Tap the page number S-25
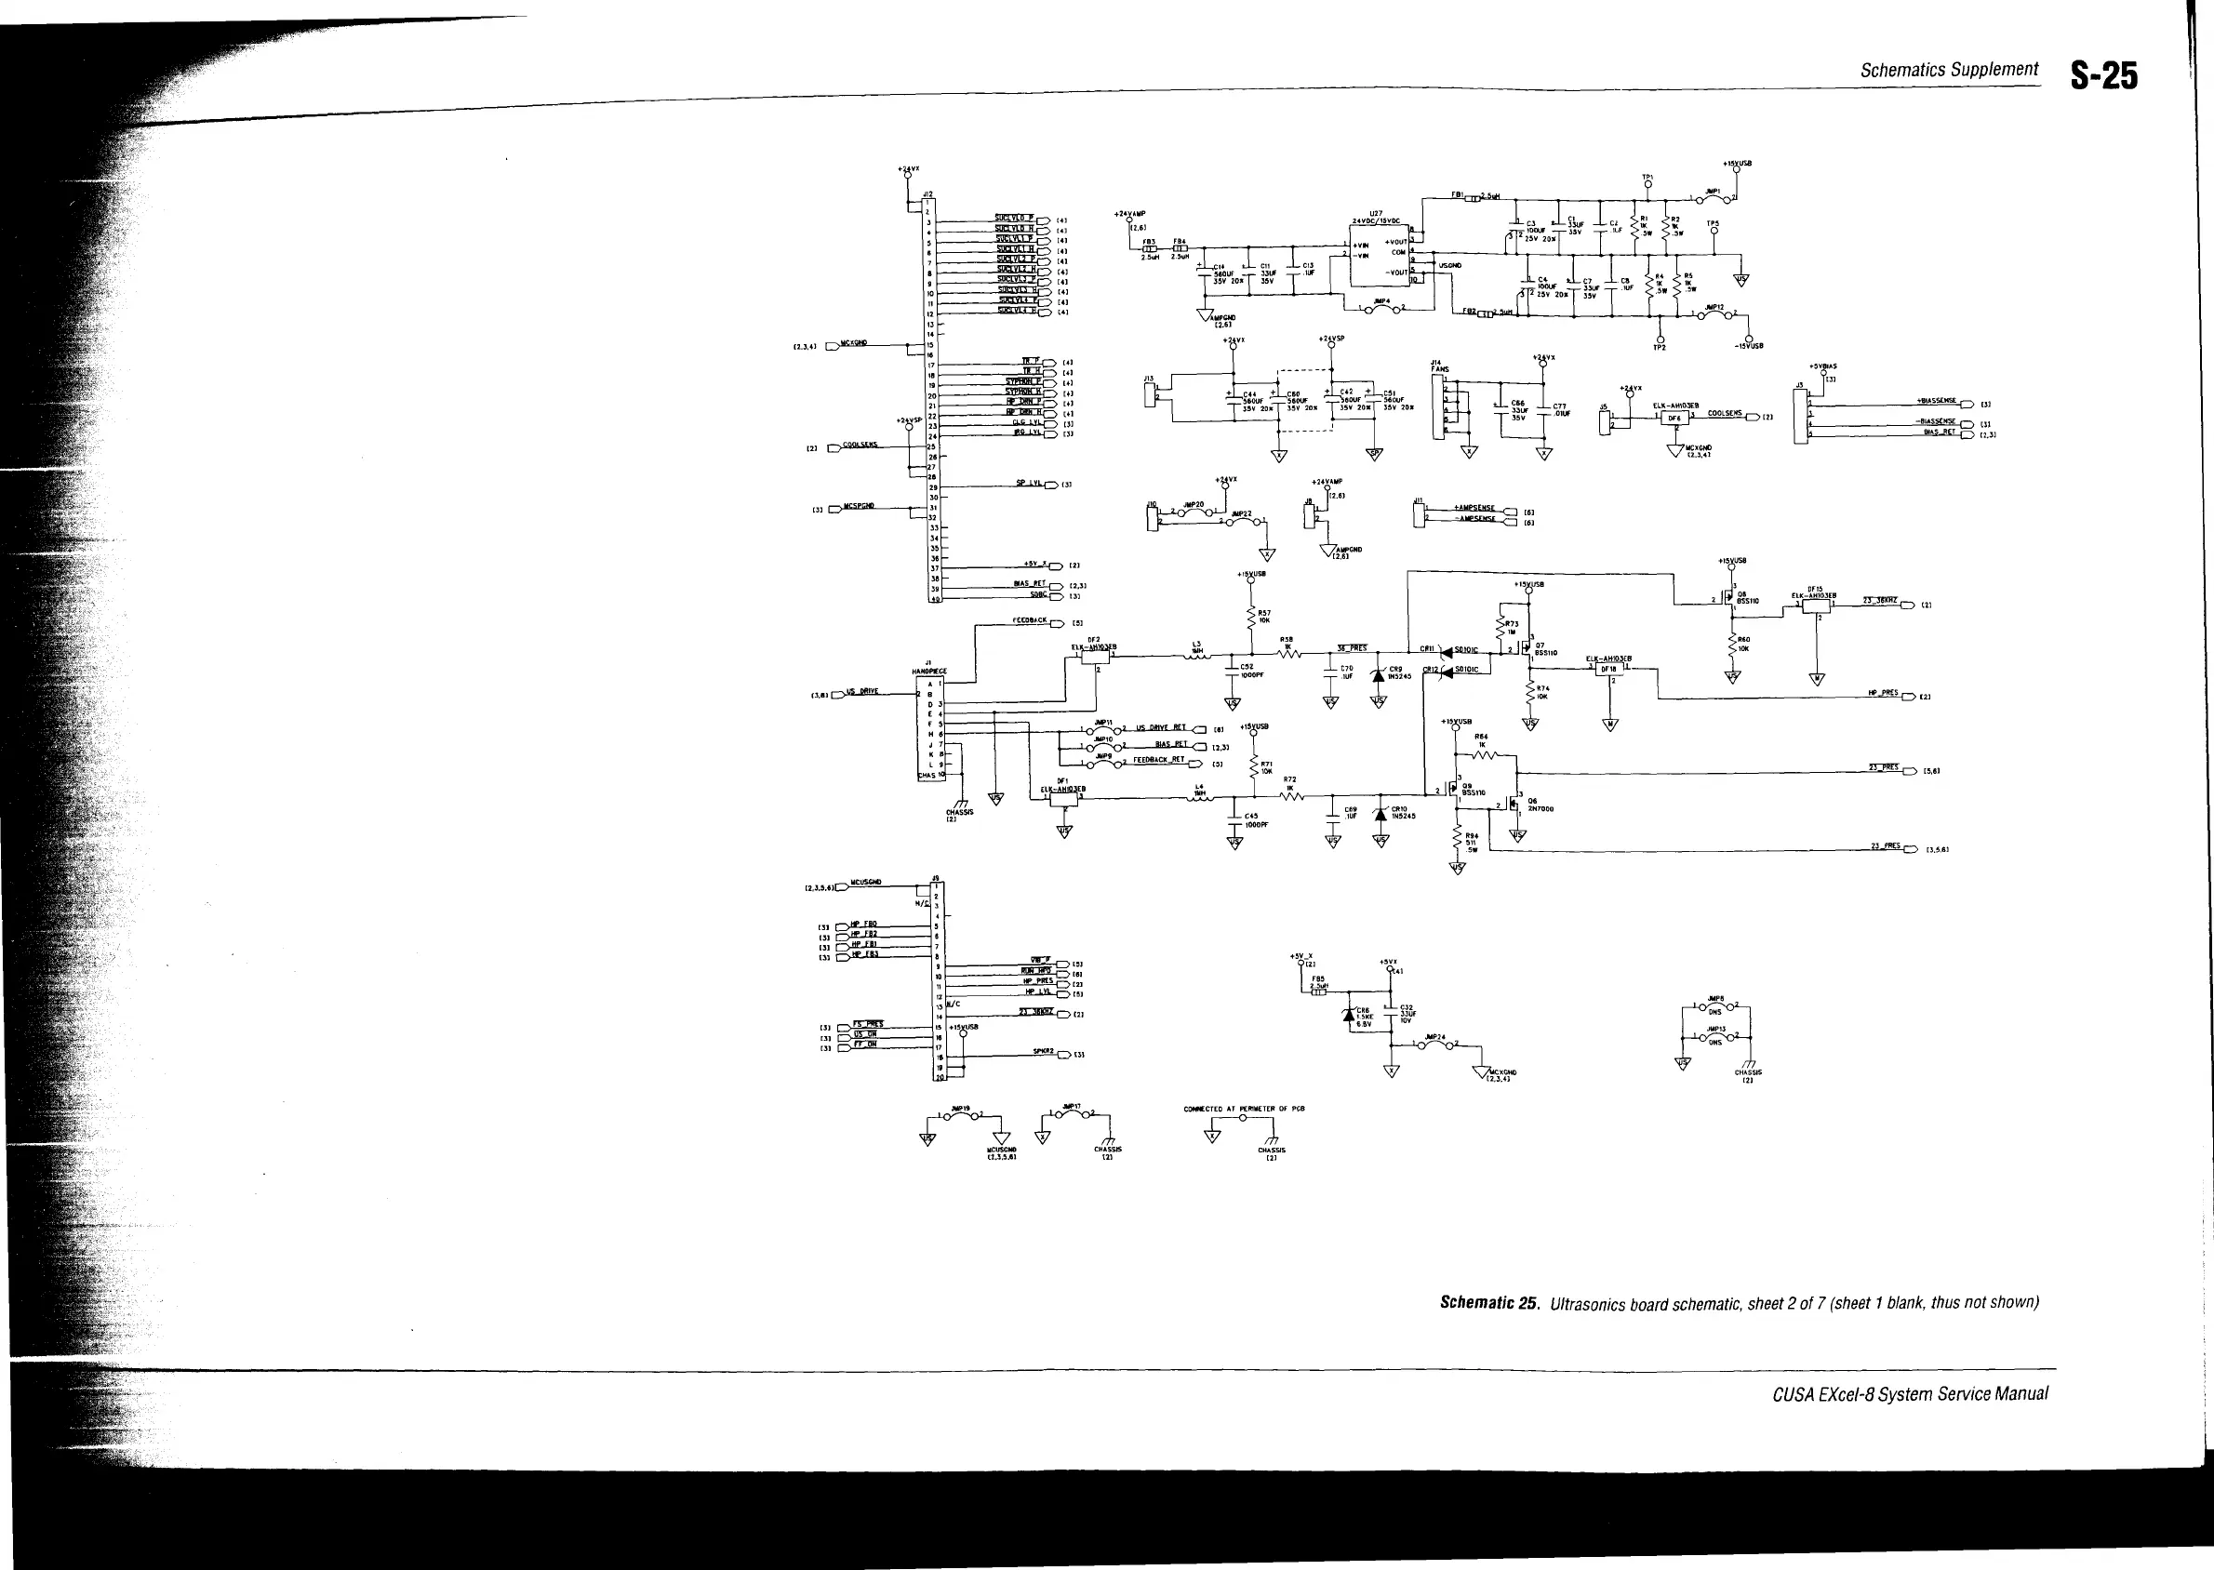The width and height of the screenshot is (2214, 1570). tap(2105, 75)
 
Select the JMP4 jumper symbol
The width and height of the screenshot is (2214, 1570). tap(1383, 309)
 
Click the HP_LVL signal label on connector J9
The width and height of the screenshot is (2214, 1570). tap(1037, 992)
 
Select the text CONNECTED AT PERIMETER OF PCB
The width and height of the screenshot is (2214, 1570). tap(1244, 1109)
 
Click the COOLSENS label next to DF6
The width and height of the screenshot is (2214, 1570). tap(1724, 414)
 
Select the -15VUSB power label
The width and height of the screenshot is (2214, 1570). tap(1748, 346)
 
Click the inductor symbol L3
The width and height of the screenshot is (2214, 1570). tap(1197, 657)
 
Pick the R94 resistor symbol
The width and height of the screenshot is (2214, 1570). tap(1456, 839)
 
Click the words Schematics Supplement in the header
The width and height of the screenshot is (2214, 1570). tap(1949, 70)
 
